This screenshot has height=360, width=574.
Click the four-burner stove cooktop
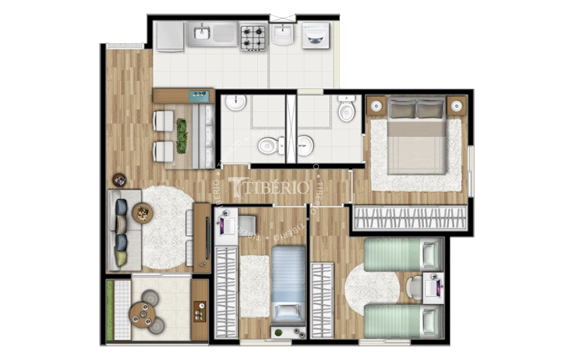(x=253, y=37)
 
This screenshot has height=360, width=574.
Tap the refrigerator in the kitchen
(x=169, y=37)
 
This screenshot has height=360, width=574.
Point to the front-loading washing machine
(x=315, y=35)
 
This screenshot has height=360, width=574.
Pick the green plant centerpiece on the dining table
(x=181, y=135)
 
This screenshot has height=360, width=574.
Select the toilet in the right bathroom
(x=346, y=110)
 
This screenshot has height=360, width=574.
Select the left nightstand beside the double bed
(x=376, y=106)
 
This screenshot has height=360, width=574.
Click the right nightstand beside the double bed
(x=456, y=106)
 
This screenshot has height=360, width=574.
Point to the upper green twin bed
(x=403, y=255)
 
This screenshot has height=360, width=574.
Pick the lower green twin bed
(x=403, y=321)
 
